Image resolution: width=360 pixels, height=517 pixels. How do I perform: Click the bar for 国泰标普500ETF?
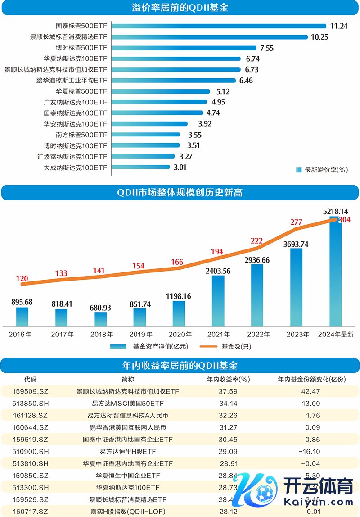pyautogui.click(x=218, y=26)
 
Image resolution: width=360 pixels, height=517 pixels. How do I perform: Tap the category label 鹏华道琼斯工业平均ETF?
pyautogui.click(x=72, y=81)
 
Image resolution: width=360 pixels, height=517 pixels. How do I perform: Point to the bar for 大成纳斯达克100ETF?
pyautogui.click(x=142, y=167)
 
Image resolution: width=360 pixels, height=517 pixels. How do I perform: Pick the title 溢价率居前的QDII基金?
pyautogui.click(x=180, y=8)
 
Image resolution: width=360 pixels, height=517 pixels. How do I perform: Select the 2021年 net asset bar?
pyautogui.click(x=218, y=300)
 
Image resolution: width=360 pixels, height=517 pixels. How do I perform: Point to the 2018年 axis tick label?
pyautogui.click(x=101, y=334)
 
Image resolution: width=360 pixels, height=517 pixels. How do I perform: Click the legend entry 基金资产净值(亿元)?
pyautogui.click(x=148, y=346)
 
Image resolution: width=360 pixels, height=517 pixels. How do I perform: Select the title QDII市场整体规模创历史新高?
pyautogui.click(x=180, y=193)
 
